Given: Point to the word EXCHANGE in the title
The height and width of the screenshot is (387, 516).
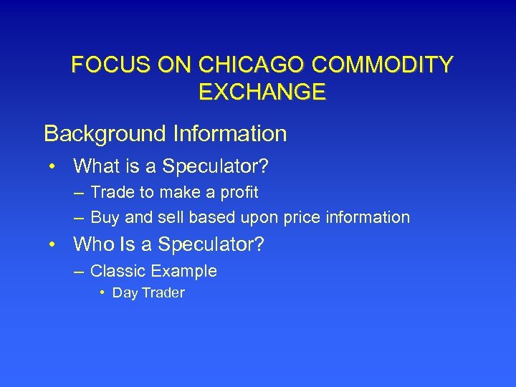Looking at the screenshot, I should pyautogui.click(x=261, y=92).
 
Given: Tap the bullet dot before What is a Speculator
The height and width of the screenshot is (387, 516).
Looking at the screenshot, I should pyautogui.click(x=53, y=168).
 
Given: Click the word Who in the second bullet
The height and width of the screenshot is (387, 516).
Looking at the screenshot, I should pyautogui.click(x=94, y=245).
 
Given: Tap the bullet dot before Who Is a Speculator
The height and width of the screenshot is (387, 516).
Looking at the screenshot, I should pyautogui.click(x=53, y=246).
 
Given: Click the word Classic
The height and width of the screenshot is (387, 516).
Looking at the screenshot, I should pyautogui.click(x=115, y=271).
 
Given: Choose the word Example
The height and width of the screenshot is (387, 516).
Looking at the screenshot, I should pyautogui.click(x=185, y=271).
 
